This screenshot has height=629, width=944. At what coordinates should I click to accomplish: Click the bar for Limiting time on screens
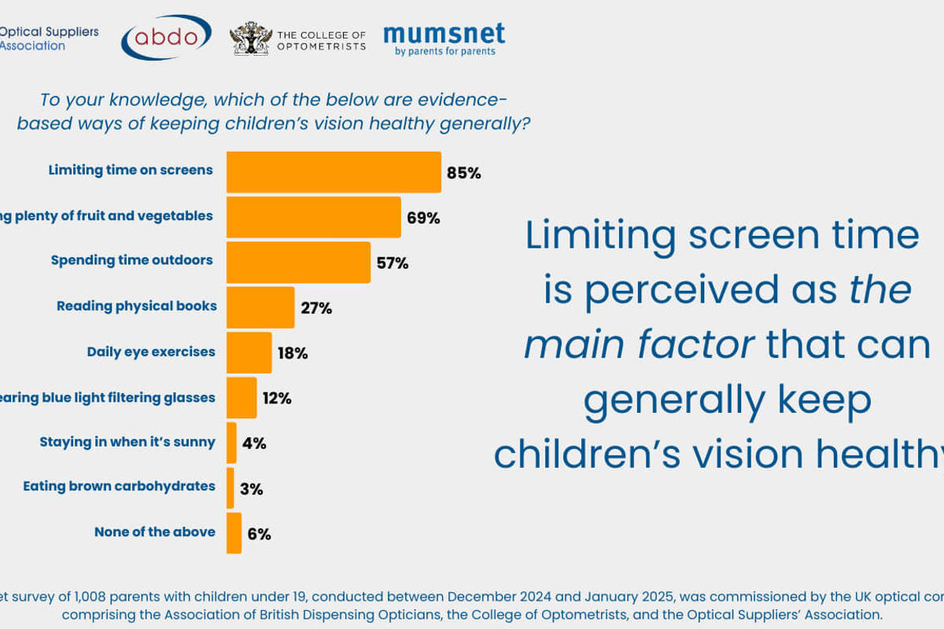point(334,172)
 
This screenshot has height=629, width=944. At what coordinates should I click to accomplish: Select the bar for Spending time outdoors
point(298,263)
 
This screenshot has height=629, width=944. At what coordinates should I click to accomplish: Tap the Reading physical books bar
point(260,307)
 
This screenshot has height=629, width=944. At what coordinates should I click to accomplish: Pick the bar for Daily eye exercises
point(249,352)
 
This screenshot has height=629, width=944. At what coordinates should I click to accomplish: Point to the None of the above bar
point(234,533)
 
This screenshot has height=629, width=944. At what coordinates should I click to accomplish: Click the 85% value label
point(463,173)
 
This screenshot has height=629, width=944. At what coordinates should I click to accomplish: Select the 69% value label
point(423,218)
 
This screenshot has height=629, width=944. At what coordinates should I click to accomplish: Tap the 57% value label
point(393,263)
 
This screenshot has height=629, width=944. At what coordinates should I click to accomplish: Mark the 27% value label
point(316,308)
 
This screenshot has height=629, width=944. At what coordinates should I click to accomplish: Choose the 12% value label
point(277,399)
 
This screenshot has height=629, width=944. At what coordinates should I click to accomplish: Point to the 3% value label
point(252,489)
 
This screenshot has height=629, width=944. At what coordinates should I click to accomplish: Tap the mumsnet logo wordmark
point(444,33)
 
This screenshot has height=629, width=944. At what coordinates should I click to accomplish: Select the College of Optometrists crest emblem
point(251,39)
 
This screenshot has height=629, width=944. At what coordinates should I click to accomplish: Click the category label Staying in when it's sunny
point(127,442)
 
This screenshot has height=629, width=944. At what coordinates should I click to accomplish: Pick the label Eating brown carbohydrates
point(119,486)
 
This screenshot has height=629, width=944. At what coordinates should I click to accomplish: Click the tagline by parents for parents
point(445,52)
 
